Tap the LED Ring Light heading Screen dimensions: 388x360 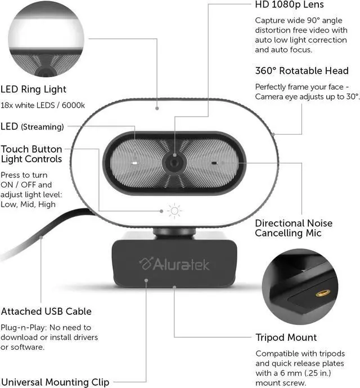pos(34,89)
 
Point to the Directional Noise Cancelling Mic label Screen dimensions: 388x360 pos(293,228)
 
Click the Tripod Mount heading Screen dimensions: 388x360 pos(286,337)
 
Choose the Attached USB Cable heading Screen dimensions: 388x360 pos(46,311)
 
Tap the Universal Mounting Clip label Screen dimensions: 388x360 pos(55,381)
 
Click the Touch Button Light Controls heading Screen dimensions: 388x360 pos(31,155)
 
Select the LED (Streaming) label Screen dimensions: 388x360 pos(33,127)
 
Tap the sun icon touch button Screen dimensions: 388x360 pos(175,211)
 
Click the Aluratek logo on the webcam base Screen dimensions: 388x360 pos(174,263)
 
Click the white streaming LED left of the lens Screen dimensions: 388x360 pos(136,163)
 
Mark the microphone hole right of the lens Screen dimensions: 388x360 pos(214,163)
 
